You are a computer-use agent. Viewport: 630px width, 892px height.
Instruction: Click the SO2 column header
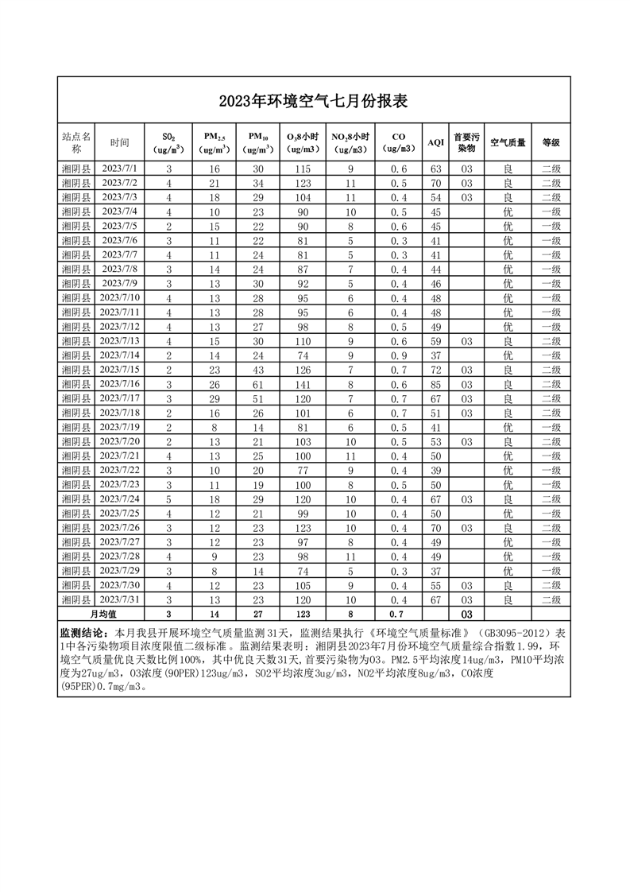[168, 142]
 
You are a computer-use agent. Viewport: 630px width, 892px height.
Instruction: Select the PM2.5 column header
[214, 142]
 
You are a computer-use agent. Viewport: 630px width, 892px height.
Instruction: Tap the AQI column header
[435, 142]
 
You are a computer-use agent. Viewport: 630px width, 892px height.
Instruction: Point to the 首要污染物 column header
[466, 142]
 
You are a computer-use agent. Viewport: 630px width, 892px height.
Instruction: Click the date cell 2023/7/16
[120, 384]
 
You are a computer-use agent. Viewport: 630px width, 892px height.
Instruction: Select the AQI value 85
[435, 384]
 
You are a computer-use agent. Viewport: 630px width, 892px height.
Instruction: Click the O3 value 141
[303, 384]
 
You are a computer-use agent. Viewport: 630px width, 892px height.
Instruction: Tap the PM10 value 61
[258, 384]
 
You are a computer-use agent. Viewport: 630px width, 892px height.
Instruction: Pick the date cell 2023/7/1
[120, 169]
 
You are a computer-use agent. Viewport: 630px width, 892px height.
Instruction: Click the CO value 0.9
[398, 355]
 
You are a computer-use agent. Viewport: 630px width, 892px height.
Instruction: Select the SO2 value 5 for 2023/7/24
[168, 498]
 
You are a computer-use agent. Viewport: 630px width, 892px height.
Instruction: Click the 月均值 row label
[102, 614]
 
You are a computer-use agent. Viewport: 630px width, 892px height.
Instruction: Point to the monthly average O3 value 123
[303, 614]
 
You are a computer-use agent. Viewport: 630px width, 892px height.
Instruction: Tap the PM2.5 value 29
[214, 398]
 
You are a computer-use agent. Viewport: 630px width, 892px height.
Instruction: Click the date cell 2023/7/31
[120, 599]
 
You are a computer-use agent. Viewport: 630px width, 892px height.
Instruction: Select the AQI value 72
[435, 370]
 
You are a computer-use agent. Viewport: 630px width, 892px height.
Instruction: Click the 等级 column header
[551, 142]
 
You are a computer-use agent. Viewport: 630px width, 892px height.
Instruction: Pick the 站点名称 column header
[77, 142]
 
